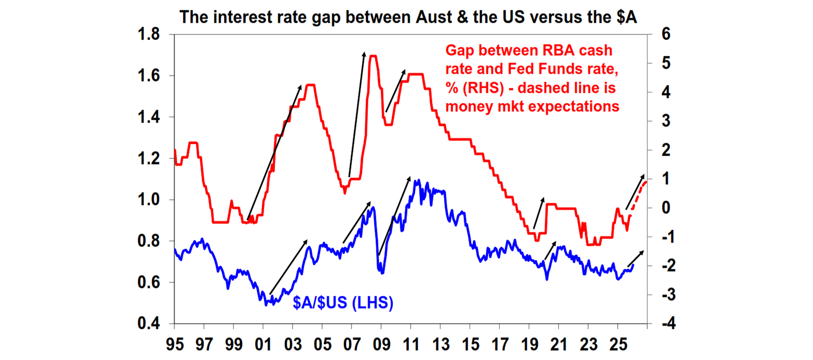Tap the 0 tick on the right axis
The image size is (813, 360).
(662, 208)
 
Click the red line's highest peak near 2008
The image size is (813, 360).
(372, 56)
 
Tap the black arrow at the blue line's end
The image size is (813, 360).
(636, 258)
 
